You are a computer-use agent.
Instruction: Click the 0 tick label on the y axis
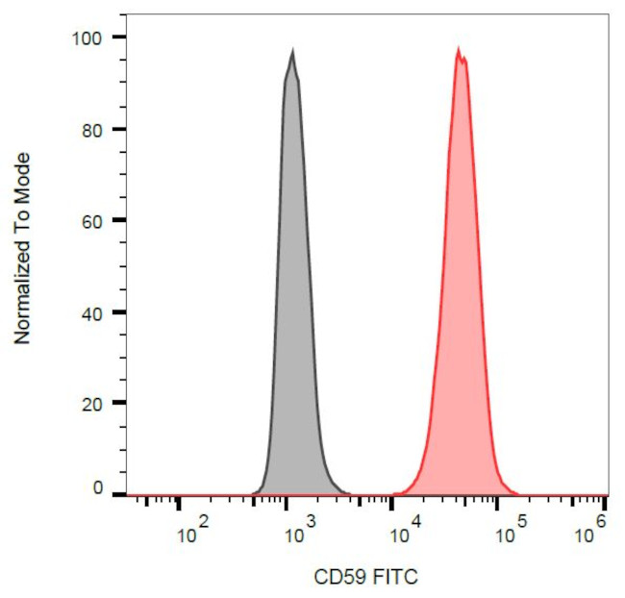point(96,489)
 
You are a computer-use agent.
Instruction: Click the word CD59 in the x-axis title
point(337,577)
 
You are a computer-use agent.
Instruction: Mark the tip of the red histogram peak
point(459,49)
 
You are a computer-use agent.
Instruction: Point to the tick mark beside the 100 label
point(119,37)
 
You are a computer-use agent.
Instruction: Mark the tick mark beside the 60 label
point(119,220)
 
